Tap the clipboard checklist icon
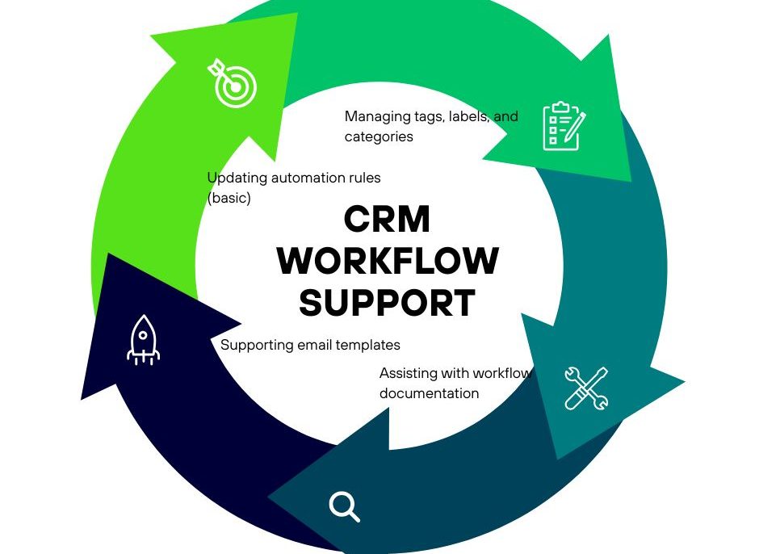tap(564, 126)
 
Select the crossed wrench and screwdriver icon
tap(585, 388)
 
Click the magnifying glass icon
tap(344, 506)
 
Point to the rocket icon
tap(144, 340)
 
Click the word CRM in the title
tap(387, 220)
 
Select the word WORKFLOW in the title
tap(388, 261)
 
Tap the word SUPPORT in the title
tap(388, 303)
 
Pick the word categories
tap(379, 136)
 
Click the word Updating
tap(236, 178)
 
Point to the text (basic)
tap(229, 198)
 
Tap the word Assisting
tap(408, 373)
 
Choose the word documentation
tap(429, 393)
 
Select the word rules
tap(362, 178)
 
